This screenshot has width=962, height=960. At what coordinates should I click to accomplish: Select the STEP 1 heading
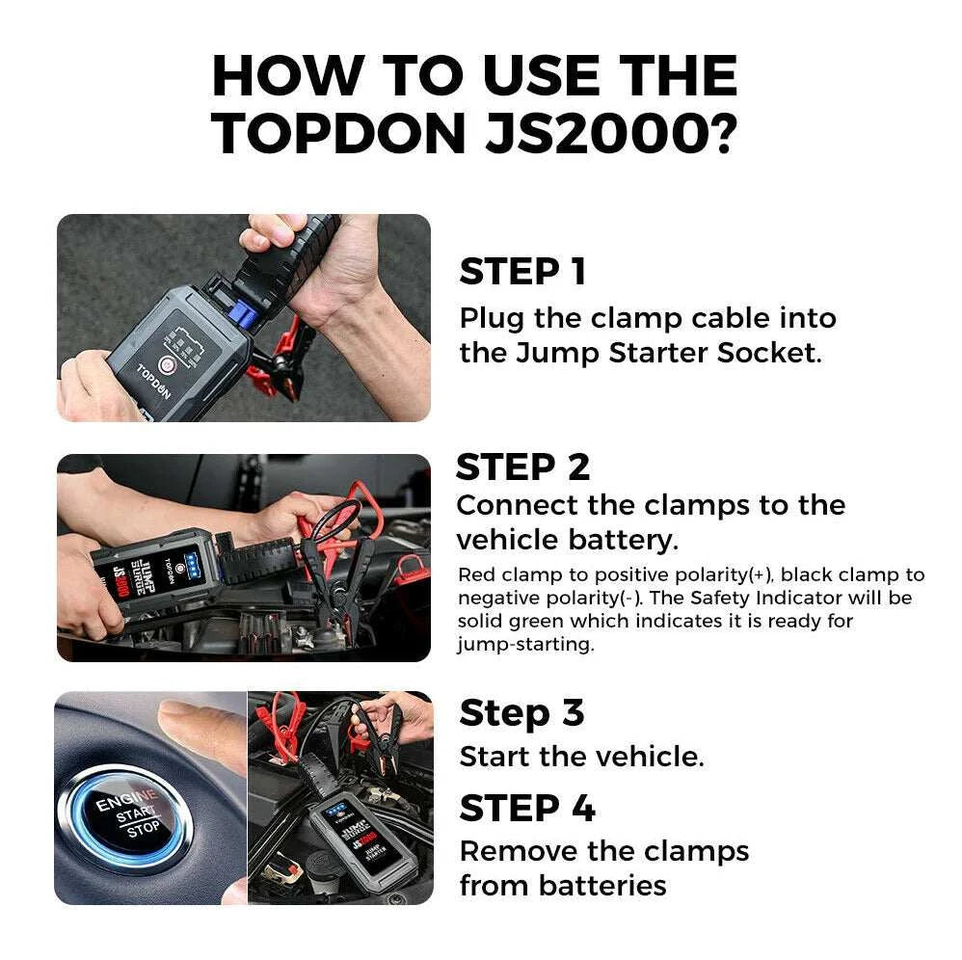click(521, 273)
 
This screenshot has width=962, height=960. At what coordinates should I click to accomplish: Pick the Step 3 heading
click(521, 713)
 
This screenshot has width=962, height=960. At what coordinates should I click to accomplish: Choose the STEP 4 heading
click(526, 808)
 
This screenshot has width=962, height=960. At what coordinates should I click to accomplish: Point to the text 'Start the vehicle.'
click(581, 757)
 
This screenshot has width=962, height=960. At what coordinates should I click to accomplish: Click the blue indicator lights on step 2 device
click(192, 561)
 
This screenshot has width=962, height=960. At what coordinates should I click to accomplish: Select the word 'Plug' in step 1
click(491, 318)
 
